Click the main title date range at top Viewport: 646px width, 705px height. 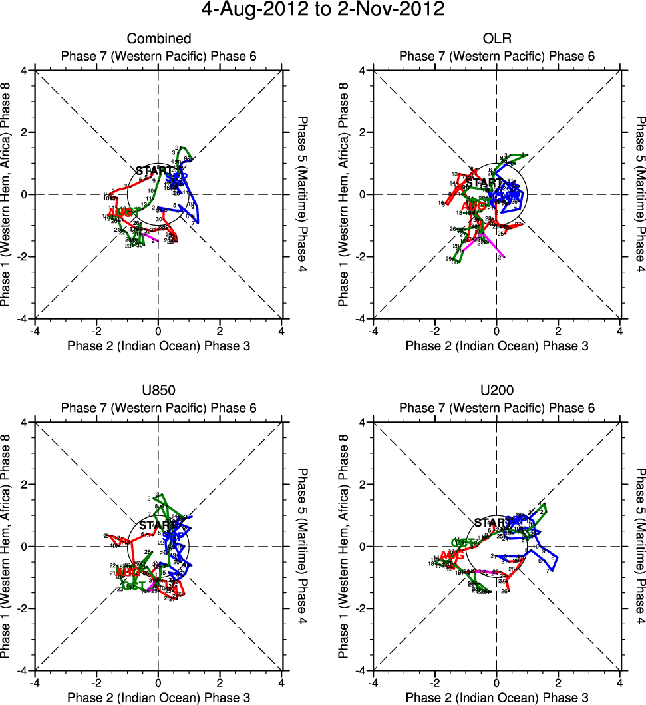[323, 10]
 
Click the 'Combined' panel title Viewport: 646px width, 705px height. [158, 39]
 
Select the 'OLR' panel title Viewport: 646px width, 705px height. [496, 39]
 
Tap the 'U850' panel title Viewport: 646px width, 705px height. [158, 391]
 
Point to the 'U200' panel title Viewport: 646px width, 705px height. [496, 391]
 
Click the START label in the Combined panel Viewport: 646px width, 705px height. [152, 171]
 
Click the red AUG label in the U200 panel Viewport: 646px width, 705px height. [452, 555]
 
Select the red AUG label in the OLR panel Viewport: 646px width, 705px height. [474, 206]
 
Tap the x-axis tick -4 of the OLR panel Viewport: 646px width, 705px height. [373, 330]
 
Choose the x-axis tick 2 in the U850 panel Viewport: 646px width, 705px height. [220, 682]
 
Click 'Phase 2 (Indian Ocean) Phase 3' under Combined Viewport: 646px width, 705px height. [158, 345]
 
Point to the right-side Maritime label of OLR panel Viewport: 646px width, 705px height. [640, 194]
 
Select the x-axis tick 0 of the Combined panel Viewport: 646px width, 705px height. [158, 330]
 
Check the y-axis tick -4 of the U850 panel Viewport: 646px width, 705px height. [24, 670]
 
